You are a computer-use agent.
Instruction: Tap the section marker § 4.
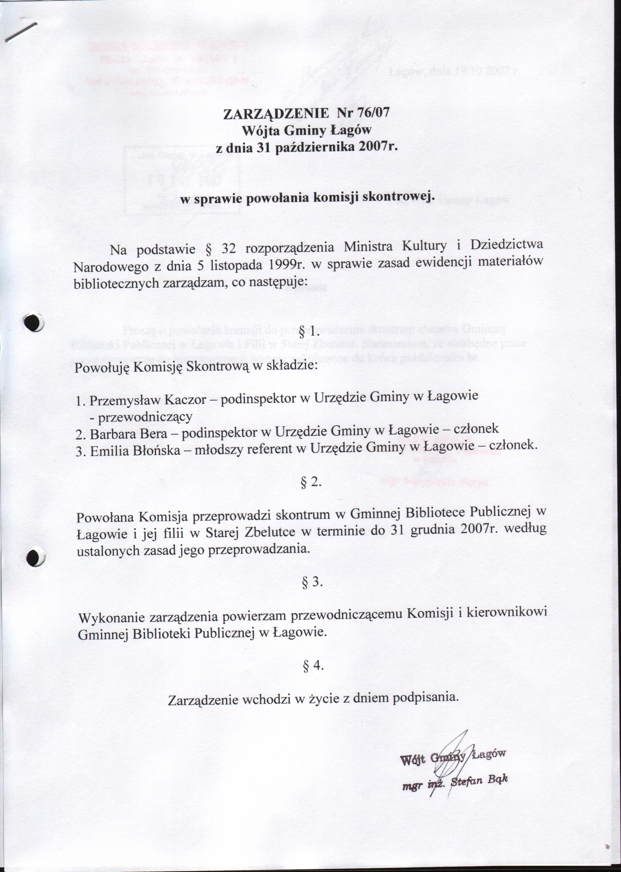(313, 666)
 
